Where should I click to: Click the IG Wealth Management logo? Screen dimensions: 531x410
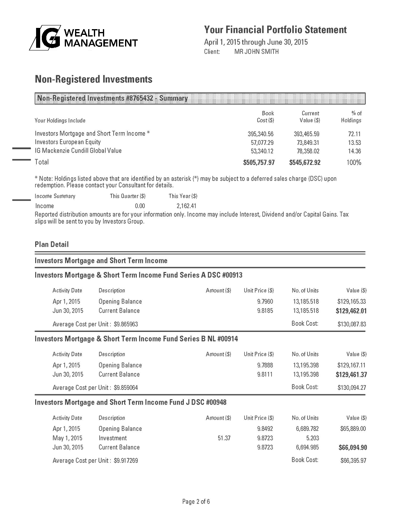(83, 38)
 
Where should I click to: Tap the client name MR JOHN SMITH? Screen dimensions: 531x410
(256, 52)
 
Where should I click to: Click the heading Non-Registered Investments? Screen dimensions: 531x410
(93, 79)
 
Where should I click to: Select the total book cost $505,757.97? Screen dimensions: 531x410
(259, 163)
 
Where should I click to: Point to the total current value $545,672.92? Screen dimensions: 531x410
(305, 163)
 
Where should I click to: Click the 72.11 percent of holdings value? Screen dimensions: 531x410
(354, 134)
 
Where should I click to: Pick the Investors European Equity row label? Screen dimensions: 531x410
(68, 142)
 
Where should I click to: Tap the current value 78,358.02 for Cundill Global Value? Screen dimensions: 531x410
(306, 151)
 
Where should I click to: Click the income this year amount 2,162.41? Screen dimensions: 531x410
(183, 206)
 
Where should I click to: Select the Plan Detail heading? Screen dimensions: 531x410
(52, 245)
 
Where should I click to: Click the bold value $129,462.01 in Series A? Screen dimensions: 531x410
(351, 311)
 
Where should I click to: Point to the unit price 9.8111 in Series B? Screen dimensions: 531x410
(265, 374)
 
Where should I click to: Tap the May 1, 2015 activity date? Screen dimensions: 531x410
(67, 438)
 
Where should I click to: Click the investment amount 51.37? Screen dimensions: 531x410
(224, 438)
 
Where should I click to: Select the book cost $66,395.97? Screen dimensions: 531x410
(353, 460)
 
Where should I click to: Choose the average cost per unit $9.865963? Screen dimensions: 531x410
(125, 324)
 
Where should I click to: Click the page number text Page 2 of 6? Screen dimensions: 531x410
(196, 501)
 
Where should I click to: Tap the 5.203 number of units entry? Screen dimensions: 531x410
(312, 438)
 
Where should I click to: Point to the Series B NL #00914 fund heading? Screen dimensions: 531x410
(136, 339)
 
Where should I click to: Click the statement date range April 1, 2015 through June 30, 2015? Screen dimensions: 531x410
(256, 42)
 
